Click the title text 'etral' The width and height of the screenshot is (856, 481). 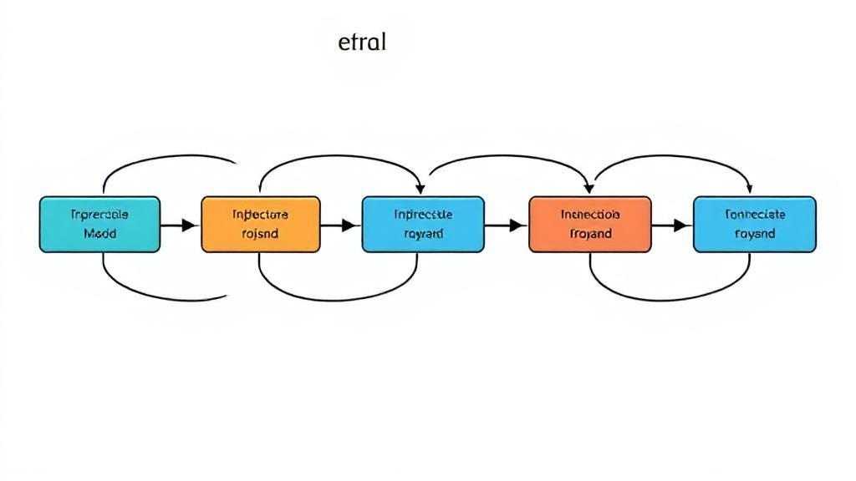pyautogui.click(x=362, y=43)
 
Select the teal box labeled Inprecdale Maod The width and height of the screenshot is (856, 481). pyautogui.click(x=99, y=224)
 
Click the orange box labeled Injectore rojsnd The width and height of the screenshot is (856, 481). pyautogui.click(x=260, y=224)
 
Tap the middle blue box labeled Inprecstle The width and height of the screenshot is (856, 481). pyautogui.click(x=422, y=224)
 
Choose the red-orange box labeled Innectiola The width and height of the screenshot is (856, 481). pyautogui.click(x=590, y=224)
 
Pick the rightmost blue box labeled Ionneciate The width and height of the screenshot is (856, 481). pyautogui.click(x=754, y=224)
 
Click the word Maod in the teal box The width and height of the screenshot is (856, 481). pyautogui.click(x=100, y=235)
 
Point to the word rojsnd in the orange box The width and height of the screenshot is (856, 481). pyautogui.click(x=260, y=235)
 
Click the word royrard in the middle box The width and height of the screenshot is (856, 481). pyautogui.click(x=423, y=235)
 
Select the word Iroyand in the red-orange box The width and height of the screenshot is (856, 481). pyautogui.click(x=590, y=235)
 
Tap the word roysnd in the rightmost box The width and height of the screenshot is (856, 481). pyautogui.click(x=755, y=235)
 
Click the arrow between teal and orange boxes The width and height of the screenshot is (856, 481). pyautogui.click(x=179, y=225)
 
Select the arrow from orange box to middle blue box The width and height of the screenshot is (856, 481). pyautogui.click(x=339, y=225)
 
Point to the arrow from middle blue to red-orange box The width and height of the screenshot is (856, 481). pyautogui.click(x=506, y=225)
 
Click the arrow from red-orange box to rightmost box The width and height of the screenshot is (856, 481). pyautogui.click(x=671, y=225)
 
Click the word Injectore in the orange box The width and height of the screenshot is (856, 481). pyautogui.click(x=260, y=214)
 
